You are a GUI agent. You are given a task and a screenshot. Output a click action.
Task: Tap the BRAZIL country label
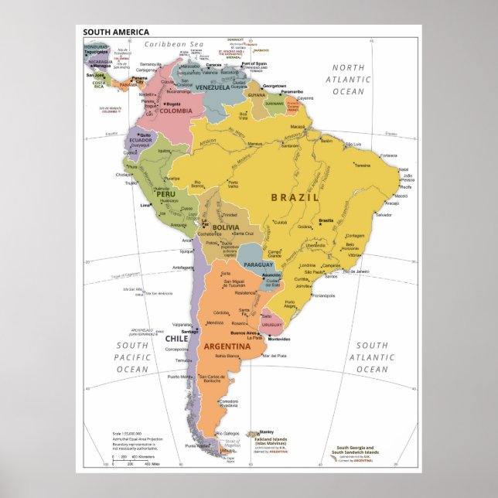click(x=295, y=197)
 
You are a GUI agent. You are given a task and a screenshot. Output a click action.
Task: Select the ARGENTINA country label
click(x=227, y=346)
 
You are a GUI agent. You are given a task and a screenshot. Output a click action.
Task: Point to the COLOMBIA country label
click(x=176, y=111)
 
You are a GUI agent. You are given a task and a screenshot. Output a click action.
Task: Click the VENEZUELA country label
click(x=212, y=87)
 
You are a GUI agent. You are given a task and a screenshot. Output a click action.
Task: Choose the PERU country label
click(x=145, y=193)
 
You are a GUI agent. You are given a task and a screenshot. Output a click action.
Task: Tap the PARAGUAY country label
click(x=259, y=265)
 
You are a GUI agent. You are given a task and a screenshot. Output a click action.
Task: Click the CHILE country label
click(x=176, y=338)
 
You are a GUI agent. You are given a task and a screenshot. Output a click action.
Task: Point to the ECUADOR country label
click(x=140, y=140)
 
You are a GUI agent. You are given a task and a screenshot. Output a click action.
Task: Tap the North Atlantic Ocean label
click(x=348, y=80)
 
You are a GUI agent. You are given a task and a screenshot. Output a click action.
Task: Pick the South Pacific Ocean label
click(x=132, y=357)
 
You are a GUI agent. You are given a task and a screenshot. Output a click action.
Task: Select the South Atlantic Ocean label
click(x=372, y=357)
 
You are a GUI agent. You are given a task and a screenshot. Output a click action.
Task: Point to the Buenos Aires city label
click(x=241, y=333)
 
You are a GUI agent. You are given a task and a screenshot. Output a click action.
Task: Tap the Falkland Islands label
click(x=271, y=440)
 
